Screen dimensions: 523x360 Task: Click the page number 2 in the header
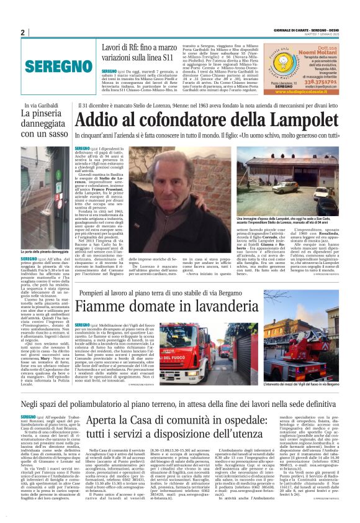(x=23, y=32)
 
